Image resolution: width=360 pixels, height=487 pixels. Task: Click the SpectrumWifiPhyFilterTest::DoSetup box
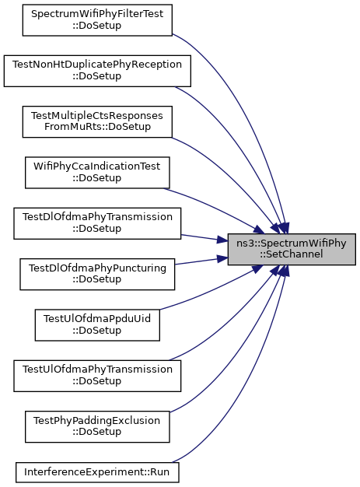click(97, 20)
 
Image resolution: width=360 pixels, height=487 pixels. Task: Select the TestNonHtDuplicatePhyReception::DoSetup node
click(97, 71)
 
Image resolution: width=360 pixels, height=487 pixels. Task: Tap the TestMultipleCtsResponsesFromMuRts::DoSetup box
click(97, 121)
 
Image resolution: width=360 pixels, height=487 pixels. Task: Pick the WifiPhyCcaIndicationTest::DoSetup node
click(97, 173)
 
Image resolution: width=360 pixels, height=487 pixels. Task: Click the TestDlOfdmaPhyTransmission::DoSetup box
click(97, 223)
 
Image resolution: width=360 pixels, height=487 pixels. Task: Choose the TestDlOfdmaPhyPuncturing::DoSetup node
click(97, 275)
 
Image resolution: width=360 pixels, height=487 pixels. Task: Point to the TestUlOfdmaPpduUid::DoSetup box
click(97, 325)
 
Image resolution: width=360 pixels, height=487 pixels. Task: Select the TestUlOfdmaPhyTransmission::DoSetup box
click(97, 376)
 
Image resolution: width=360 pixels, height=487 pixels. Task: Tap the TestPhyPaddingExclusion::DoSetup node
click(97, 427)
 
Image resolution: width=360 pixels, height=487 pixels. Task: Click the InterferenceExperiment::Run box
click(97, 472)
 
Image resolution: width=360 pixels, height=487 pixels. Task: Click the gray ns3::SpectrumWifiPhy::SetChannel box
click(292, 249)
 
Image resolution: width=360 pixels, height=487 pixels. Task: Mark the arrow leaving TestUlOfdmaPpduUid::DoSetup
click(214, 289)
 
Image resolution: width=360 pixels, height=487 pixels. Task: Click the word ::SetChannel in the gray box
click(292, 254)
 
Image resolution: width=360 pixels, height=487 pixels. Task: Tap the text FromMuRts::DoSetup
click(97, 127)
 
